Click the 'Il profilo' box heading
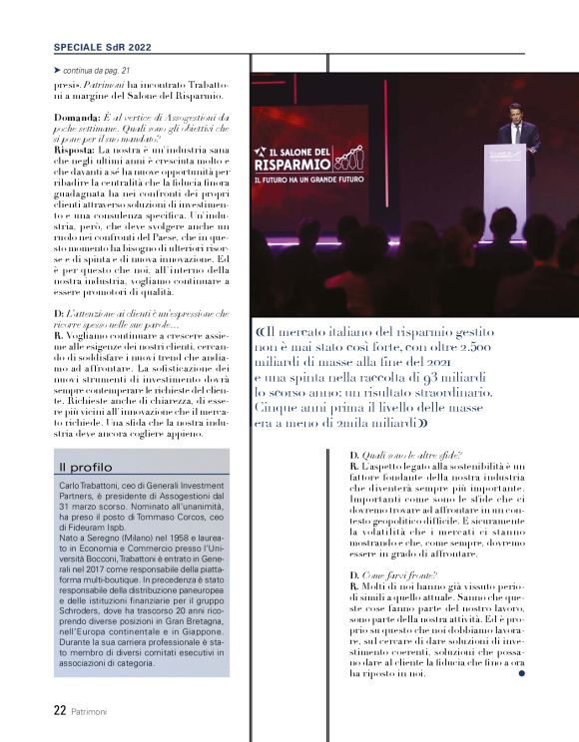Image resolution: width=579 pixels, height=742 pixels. pyautogui.click(x=85, y=466)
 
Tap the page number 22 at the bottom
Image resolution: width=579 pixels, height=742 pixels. pyautogui.click(x=60, y=711)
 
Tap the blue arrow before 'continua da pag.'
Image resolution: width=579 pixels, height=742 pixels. pyautogui.click(x=57, y=72)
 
